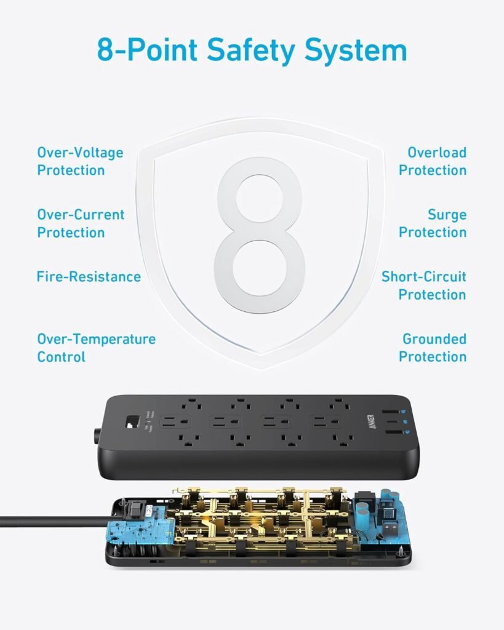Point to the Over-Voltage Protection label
[x=80, y=161]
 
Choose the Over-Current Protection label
[x=81, y=223]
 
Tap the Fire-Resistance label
[x=89, y=277]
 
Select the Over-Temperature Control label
[x=96, y=348]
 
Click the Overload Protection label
[x=433, y=161]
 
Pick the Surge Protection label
[x=433, y=223]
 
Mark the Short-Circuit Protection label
[x=425, y=285]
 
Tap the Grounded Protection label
[x=433, y=348]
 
